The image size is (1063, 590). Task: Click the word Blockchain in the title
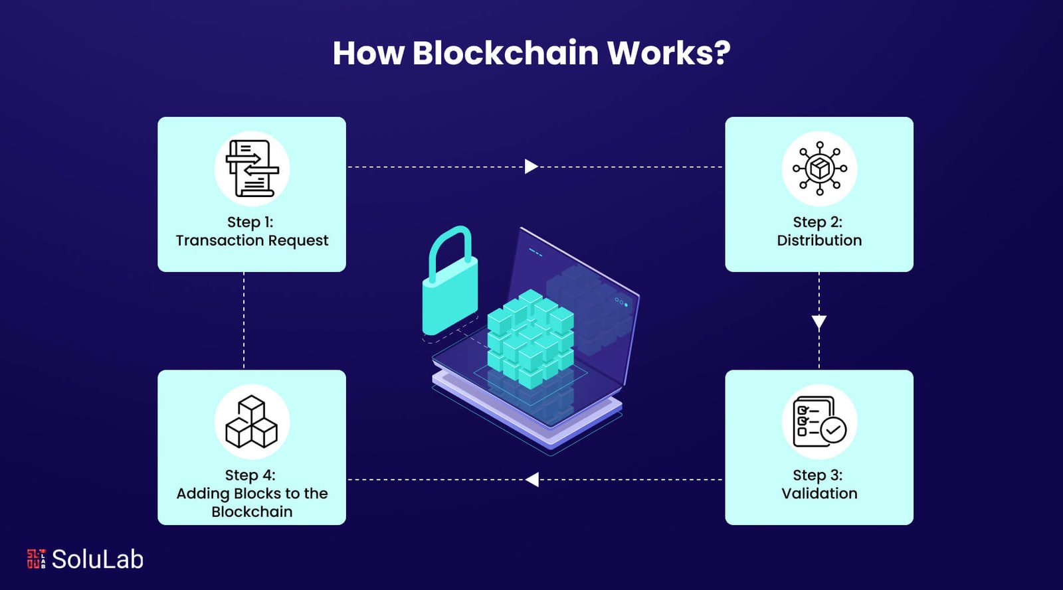pyautogui.click(x=505, y=53)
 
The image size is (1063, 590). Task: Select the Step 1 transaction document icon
pyautogui.click(x=252, y=169)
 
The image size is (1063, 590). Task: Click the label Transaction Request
pyautogui.click(x=252, y=240)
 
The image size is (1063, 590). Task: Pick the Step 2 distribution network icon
pyautogui.click(x=819, y=169)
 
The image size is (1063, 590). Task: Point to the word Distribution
pyautogui.click(x=819, y=240)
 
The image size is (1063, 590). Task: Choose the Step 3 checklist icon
pyautogui.click(x=819, y=421)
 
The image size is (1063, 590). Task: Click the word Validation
pyautogui.click(x=819, y=493)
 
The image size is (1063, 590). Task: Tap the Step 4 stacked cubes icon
pyautogui.click(x=252, y=421)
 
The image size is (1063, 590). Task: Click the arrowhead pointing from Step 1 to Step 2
pyautogui.click(x=531, y=166)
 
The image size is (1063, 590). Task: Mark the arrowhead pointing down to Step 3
pyautogui.click(x=819, y=323)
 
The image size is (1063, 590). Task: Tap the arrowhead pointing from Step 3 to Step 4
pyautogui.click(x=532, y=479)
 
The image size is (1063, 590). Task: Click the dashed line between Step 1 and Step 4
pyautogui.click(x=244, y=321)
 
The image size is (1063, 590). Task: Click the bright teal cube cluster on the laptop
pyautogui.click(x=530, y=338)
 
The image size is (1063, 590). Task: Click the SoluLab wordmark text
pyautogui.click(x=98, y=559)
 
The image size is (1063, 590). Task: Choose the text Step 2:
pyautogui.click(x=817, y=222)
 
